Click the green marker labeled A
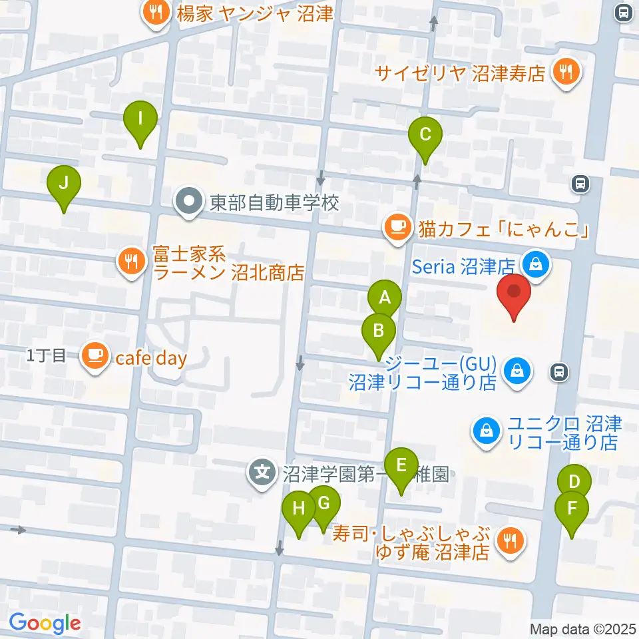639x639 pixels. (x=384, y=299)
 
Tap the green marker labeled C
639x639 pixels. (x=425, y=134)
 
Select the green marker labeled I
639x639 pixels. (x=140, y=119)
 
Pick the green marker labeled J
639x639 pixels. (x=64, y=183)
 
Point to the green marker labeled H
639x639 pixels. (x=299, y=509)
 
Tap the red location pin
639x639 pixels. (x=515, y=294)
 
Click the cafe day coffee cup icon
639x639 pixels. (x=95, y=355)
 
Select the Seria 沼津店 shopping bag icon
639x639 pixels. (x=534, y=264)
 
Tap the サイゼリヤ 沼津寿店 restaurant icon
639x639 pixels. (x=566, y=72)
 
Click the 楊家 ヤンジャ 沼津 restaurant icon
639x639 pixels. (x=156, y=12)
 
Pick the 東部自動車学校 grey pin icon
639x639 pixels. (x=190, y=202)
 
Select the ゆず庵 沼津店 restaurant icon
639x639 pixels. (x=511, y=541)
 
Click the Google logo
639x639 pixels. (x=45, y=624)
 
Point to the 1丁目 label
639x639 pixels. (x=47, y=355)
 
